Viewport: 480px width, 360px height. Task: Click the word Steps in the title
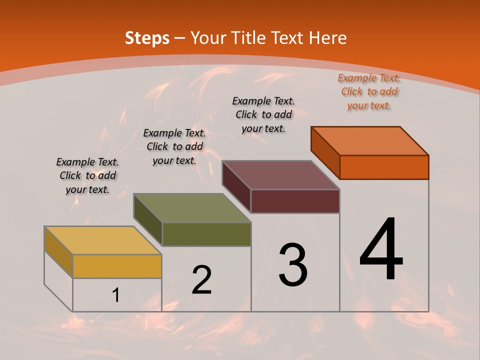pos(147,38)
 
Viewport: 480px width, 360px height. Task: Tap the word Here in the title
pos(327,38)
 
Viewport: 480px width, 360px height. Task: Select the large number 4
pos(381,249)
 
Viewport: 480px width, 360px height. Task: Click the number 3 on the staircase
pos(293,264)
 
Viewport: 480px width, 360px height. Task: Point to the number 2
pos(202,280)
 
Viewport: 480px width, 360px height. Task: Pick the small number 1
pos(116,295)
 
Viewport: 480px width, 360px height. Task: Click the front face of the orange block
pos(384,167)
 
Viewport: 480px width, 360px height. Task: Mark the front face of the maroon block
pos(295,201)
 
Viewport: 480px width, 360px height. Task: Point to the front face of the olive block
pos(206,234)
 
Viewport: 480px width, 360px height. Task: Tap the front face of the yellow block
pos(117,266)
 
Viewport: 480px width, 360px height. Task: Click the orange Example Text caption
pos(369,91)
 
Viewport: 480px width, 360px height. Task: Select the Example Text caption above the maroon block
pos(263,114)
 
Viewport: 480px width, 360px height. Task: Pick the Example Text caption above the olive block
pos(174,146)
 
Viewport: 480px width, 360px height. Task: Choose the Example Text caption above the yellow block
pos(87,175)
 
